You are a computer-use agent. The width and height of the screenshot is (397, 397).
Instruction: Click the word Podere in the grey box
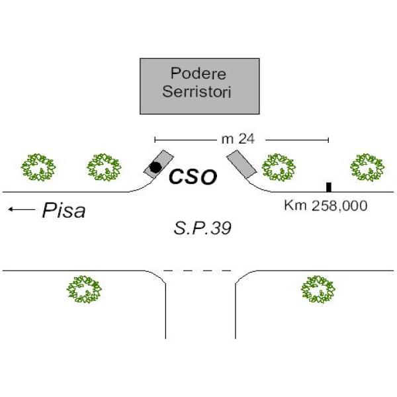[199, 73]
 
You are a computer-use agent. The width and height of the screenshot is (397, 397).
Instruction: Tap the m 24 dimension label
[238, 139]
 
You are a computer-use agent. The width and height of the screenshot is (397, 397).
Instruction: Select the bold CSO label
[192, 177]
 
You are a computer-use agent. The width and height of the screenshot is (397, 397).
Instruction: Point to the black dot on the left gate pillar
[155, 167]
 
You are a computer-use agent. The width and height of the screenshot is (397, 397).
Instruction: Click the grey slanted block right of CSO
[242, 164]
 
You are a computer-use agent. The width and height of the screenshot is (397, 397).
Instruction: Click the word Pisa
[64, 211]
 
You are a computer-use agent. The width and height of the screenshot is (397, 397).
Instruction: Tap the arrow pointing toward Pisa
[21, 210]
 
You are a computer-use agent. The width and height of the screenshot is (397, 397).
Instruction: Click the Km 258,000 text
[326, 206]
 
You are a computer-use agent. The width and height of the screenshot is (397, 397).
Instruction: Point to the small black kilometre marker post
[328, 187]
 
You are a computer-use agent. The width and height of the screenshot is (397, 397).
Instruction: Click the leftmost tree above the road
[38, 167]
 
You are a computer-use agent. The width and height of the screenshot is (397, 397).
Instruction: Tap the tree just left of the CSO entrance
[105, 167]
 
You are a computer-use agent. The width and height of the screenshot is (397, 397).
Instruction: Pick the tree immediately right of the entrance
[278, 167]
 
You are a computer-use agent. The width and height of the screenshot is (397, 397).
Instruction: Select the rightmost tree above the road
[366, 167]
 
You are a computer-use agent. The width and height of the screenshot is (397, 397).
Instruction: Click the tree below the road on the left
[84, 289]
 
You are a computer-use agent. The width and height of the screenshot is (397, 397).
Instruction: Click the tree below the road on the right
[318, 289]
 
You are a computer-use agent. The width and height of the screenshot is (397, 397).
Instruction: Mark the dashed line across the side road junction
[198, 270]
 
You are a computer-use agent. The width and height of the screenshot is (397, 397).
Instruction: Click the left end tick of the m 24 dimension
[155, 140]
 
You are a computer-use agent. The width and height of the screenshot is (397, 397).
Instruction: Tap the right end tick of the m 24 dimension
[328, 140]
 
